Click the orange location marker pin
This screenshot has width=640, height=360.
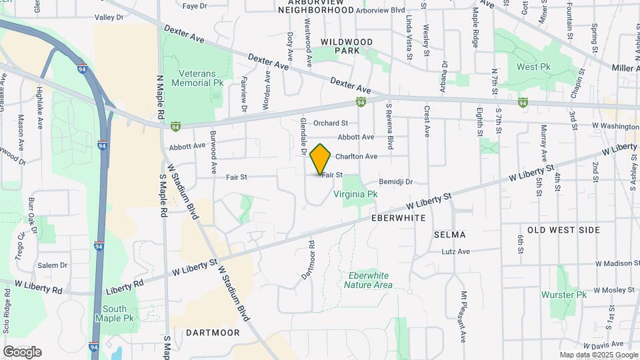(321, 159)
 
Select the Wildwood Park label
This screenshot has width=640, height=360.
(347, 46)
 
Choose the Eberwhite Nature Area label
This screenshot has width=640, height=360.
(368, 280)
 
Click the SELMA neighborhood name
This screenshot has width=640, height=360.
(449, 235)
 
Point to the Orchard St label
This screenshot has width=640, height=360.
(331, 123)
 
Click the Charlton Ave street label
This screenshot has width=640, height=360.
(356, 157)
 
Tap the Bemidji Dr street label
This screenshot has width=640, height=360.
(396, 181)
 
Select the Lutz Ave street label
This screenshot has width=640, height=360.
(456, 251)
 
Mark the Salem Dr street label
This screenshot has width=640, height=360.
(53, 265)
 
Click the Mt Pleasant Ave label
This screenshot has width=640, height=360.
(463, 317)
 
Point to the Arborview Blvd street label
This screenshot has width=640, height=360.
(381, 11)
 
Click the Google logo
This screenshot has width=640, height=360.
(22, 352)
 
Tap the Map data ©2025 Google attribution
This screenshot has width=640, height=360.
(598, 355)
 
